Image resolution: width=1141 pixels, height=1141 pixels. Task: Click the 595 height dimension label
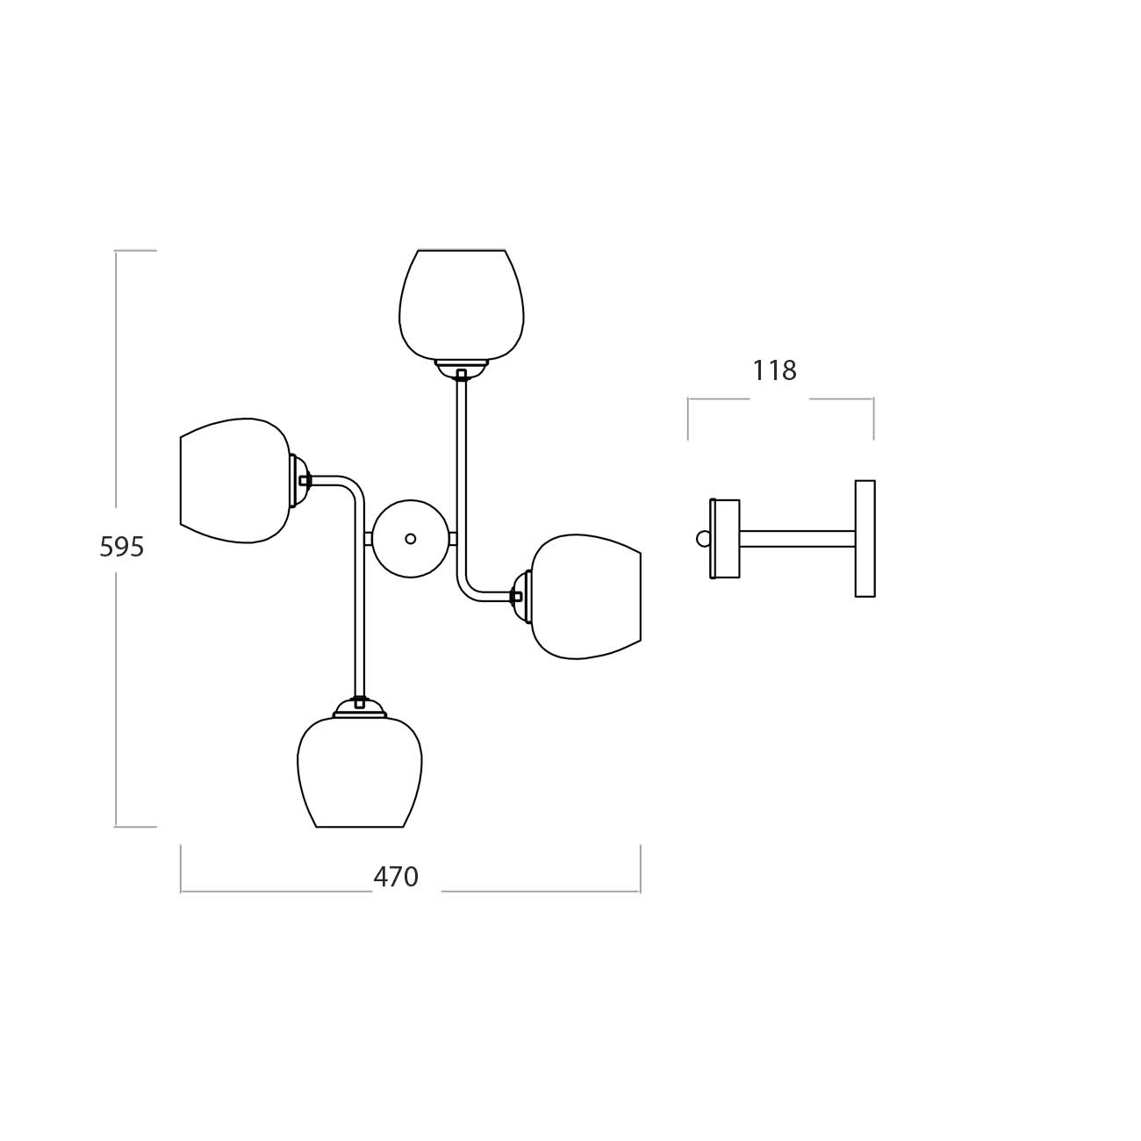(122, 547)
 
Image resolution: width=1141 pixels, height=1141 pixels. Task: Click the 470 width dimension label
(396, 877)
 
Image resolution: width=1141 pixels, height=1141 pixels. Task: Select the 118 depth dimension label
(774, 370)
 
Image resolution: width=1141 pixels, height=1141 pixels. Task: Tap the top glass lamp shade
(462, 305)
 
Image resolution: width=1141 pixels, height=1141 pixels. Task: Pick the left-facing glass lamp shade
(235, 480)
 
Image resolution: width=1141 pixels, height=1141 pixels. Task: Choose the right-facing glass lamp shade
(586, 597)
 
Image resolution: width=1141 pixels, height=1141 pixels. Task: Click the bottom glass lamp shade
(359, 772)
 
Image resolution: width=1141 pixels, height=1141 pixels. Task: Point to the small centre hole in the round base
(411, 539)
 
